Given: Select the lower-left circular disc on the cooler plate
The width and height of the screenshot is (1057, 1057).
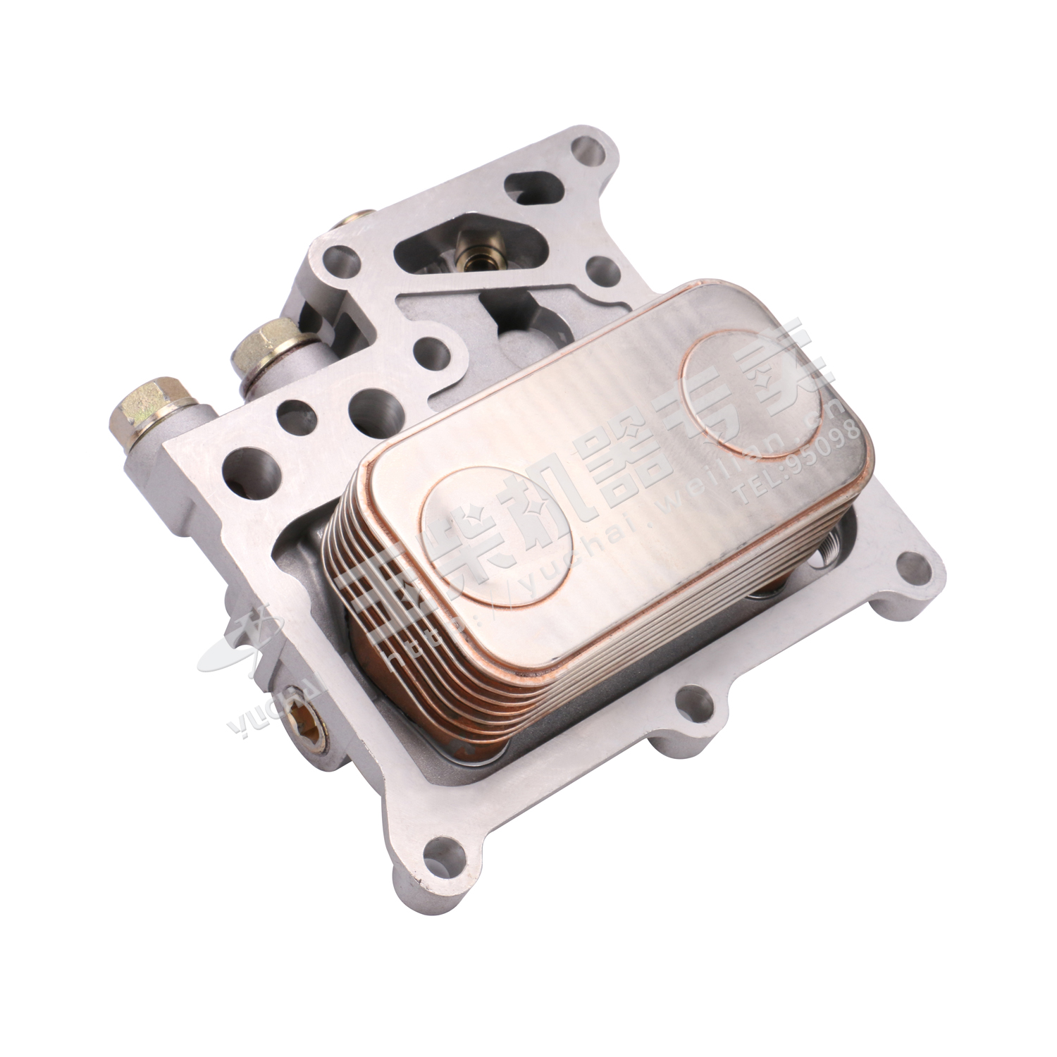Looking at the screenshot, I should [497, 536].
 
